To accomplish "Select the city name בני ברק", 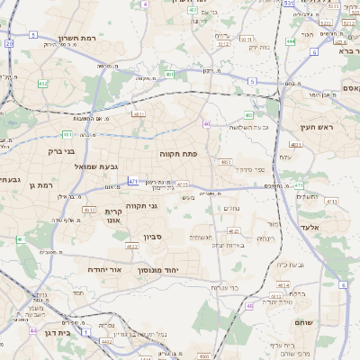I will coord(59,151).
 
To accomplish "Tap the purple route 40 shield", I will coord(207,123).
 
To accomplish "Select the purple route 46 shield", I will coord(249,305).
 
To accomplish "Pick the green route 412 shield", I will coord(42,83).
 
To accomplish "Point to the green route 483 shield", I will coord(226,162).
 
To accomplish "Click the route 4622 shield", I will coord(131,246).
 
